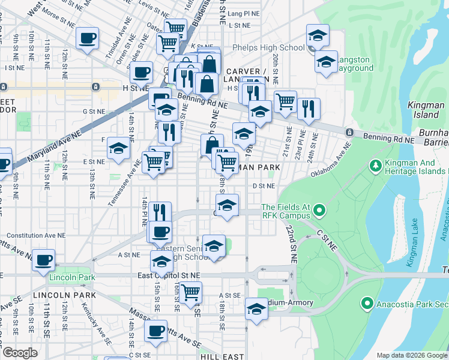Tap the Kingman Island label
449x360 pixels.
click(426, 109)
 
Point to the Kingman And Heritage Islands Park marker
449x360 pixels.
click(375, 164)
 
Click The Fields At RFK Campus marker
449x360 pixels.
click(319, 211)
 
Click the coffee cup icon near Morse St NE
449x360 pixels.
click(87, 38)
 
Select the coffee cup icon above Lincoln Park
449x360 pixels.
click(43, 260)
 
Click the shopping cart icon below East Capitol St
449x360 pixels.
click(190, 292)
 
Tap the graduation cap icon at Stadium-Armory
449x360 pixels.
click(256, 309)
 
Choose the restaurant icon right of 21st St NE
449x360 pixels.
click(309, 108)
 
